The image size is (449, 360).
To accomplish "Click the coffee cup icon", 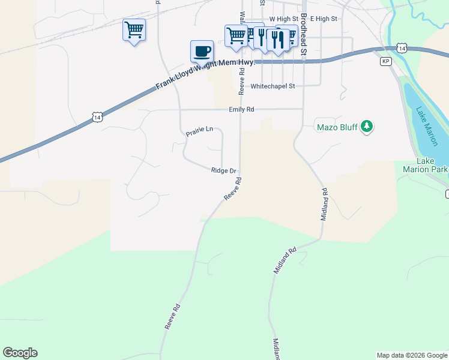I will click(202, 51).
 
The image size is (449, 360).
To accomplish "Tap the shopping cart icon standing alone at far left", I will click(134, 29).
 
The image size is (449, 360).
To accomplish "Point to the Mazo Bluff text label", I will click(336, 127).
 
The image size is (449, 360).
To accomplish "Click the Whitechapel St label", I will click(273, 86).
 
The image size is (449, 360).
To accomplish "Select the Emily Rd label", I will click(241, 110).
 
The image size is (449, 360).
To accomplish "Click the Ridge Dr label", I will click(224, 171).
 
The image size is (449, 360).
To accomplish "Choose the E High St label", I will click(324, 19).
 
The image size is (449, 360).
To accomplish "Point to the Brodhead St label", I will click(304, 43).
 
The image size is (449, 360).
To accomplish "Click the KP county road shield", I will click(386, 61).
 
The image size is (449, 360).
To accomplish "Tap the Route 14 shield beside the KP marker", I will click(402, 48).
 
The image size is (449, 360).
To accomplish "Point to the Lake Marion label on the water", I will click(427, 126).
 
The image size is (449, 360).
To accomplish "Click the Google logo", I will click(20, 353).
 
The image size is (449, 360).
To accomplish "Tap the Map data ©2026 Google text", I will click(411, 355).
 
